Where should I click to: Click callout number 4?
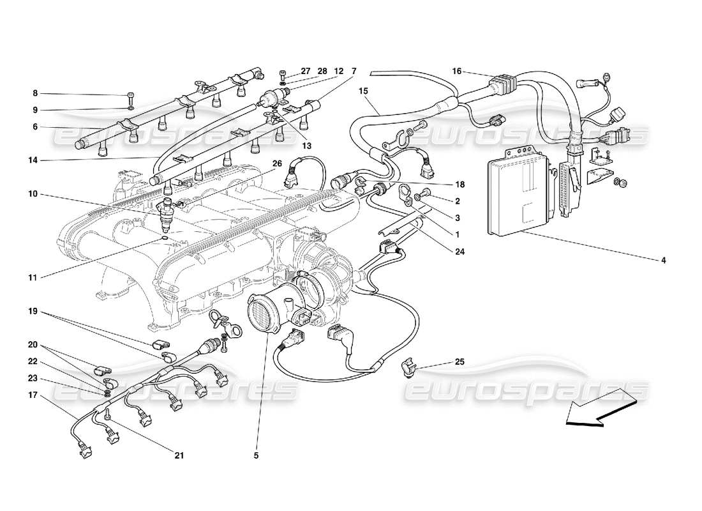(x=664, y=260)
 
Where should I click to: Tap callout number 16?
(x=457, y=72)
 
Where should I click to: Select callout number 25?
(x=459, y=362)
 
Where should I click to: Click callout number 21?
(x=179, y=455)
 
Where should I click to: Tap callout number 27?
(x=305, y=71)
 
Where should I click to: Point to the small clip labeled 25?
(x=407, y=367)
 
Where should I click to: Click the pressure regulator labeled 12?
(x=273, y=98)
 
